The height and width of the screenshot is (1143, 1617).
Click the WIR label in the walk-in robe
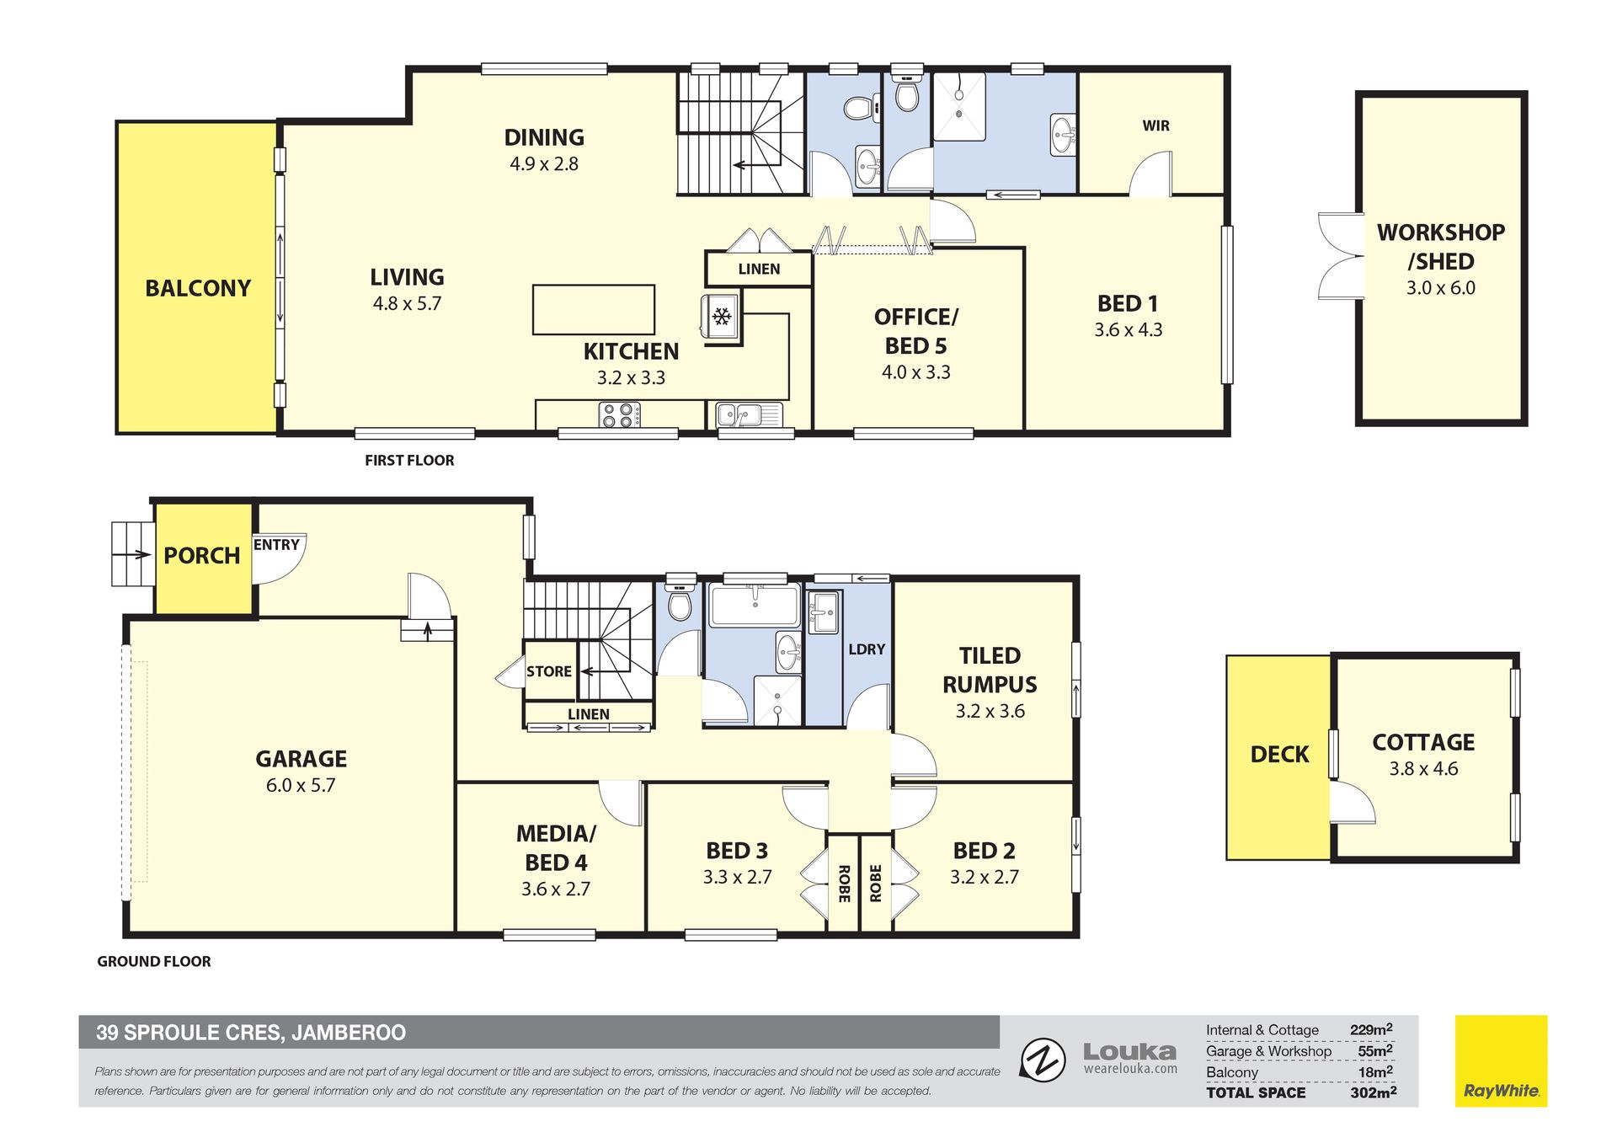point(1155,126)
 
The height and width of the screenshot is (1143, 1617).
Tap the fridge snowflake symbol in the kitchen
point(722,316)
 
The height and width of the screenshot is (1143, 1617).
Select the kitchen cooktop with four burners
point(619,414)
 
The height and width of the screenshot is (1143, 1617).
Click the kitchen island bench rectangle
point(594,309)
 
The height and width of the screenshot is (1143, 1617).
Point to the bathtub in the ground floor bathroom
point(755,605)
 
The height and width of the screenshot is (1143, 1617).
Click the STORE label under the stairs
point(549,671)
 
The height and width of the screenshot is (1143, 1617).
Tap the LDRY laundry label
point(867,649)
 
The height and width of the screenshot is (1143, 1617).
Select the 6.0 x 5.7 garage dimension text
point(301,785)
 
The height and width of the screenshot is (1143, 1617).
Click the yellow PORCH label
point(202,556)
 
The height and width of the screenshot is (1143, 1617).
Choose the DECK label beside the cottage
point(1279,755)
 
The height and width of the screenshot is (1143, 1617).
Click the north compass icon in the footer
point(1043,1060)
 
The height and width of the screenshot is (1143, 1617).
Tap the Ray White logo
point(1501,1060)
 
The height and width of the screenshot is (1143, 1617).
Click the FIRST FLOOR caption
point(409,461)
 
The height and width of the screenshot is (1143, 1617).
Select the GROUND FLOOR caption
point(154,962)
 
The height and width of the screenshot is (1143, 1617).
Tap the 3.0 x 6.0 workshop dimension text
point(1441,288)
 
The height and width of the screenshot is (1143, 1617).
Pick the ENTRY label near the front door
point(276,545)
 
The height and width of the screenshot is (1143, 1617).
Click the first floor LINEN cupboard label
point(759,270)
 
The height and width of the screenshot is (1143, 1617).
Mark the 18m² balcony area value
point(1375,1071)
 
